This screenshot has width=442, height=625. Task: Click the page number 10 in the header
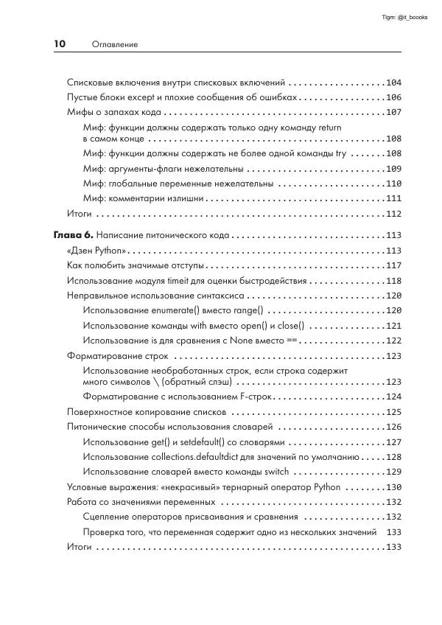(x=60, y=44)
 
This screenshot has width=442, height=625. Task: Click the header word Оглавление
(x=115, y=45)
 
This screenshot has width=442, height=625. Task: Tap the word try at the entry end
(x=340, y=153)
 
